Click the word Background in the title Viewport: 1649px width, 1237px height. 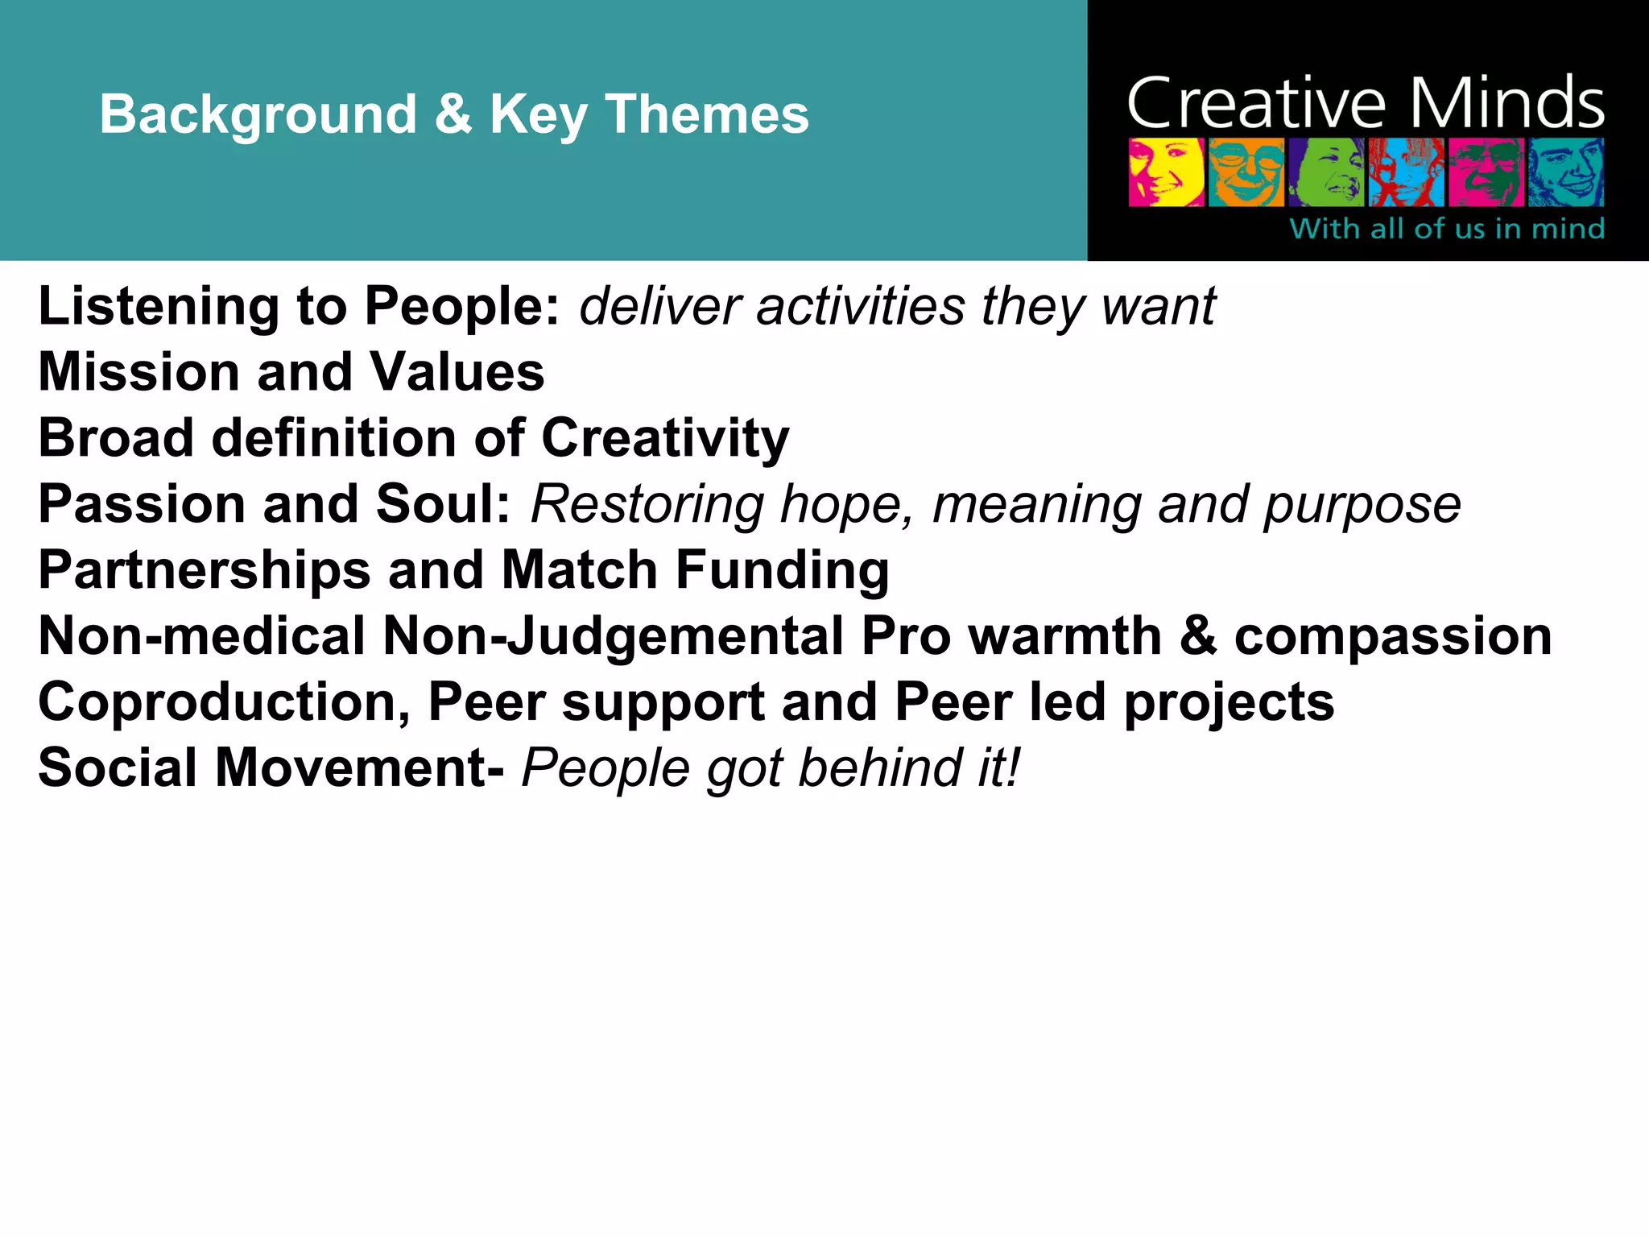pos(258,114)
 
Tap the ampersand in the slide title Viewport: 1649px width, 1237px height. pos(453,114)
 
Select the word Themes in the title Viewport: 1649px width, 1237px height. pos(707,114)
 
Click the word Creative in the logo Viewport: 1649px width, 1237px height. pos(1256,105)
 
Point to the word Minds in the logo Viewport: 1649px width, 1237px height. pos(1506,105)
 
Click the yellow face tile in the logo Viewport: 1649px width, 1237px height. pos(1166,172)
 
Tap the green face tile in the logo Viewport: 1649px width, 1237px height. pos(1326,172)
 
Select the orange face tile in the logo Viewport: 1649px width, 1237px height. pos(1246,172)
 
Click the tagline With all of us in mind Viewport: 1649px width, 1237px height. pos(1447,229)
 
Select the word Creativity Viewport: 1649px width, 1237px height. pos(665,439)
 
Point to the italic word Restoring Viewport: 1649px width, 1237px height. pos(647,505)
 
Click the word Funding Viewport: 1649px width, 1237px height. pos(782,570)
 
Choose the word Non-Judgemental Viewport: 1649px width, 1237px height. pos(613,636)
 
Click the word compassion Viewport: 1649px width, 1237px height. pos(1393,636)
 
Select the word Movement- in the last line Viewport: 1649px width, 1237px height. pos(359,767)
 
